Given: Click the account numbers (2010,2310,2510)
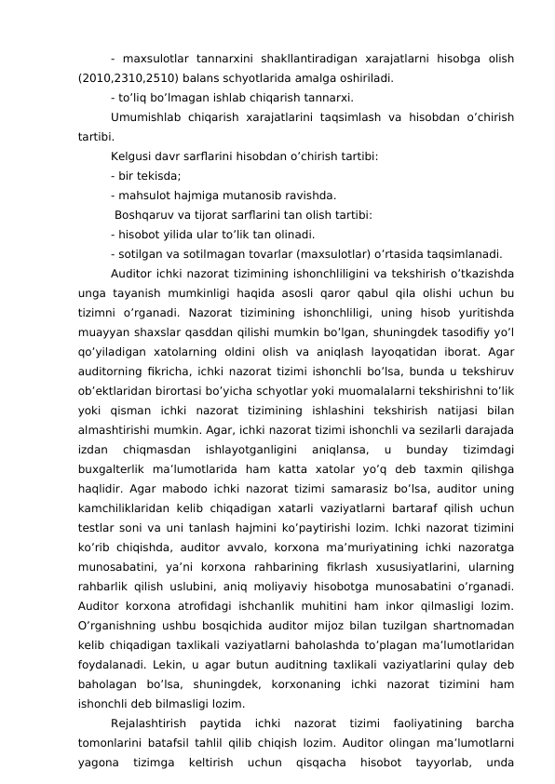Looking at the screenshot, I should point(129,77).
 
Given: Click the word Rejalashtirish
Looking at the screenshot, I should point(149,726).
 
